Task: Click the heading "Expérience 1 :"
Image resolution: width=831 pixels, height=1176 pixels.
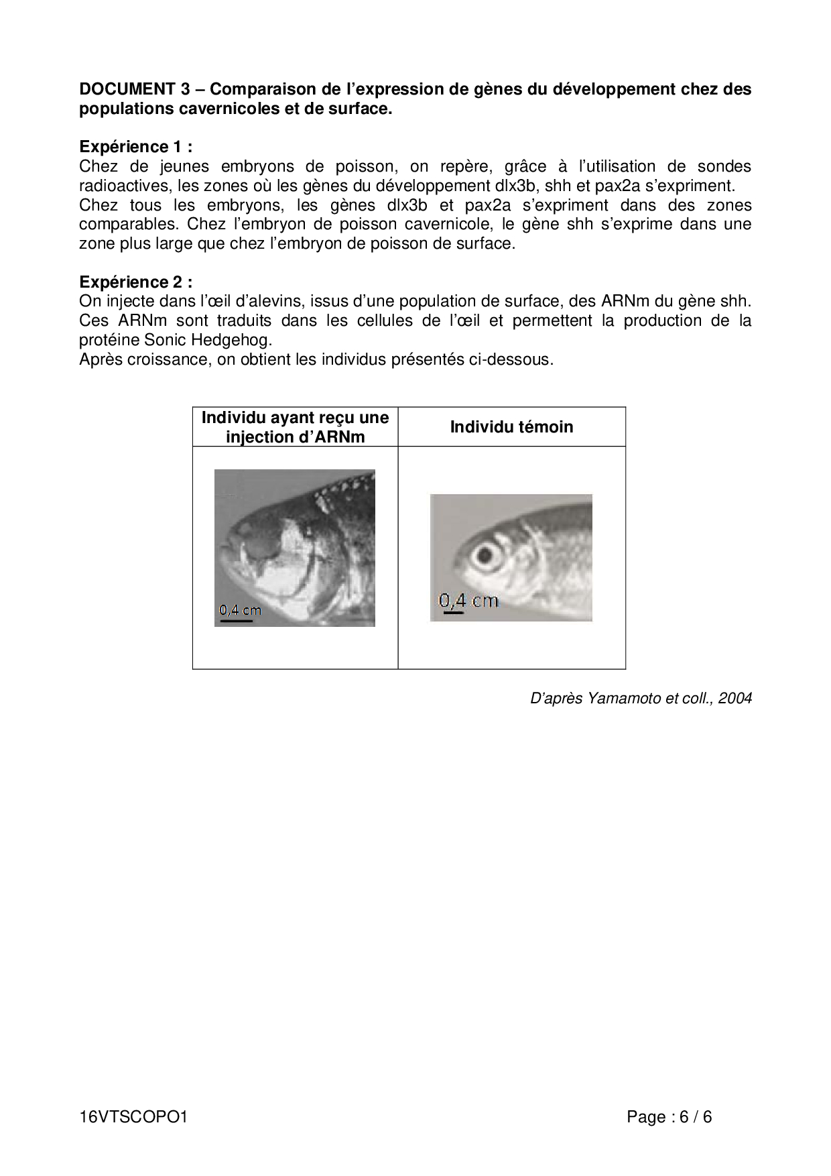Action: click(135, 147)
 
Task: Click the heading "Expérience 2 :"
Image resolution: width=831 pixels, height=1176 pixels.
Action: click(135, 282)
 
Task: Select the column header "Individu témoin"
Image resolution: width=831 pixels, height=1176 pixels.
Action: click(511, 427)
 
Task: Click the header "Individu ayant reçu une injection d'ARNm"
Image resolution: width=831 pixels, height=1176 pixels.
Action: click(295, 427)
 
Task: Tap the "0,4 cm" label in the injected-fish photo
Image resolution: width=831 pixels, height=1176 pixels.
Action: click(240, 610)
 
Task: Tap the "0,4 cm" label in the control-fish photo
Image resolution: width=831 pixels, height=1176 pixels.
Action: click(469, 600)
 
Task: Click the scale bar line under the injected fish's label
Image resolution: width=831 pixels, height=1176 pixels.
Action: click(236, 621)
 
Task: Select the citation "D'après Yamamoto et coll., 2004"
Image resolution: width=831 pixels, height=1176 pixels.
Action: click(641, 699)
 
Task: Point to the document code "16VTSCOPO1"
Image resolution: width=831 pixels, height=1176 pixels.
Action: click(132, 1118)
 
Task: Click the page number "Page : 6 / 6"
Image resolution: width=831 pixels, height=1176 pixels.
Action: click(669, 1118)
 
